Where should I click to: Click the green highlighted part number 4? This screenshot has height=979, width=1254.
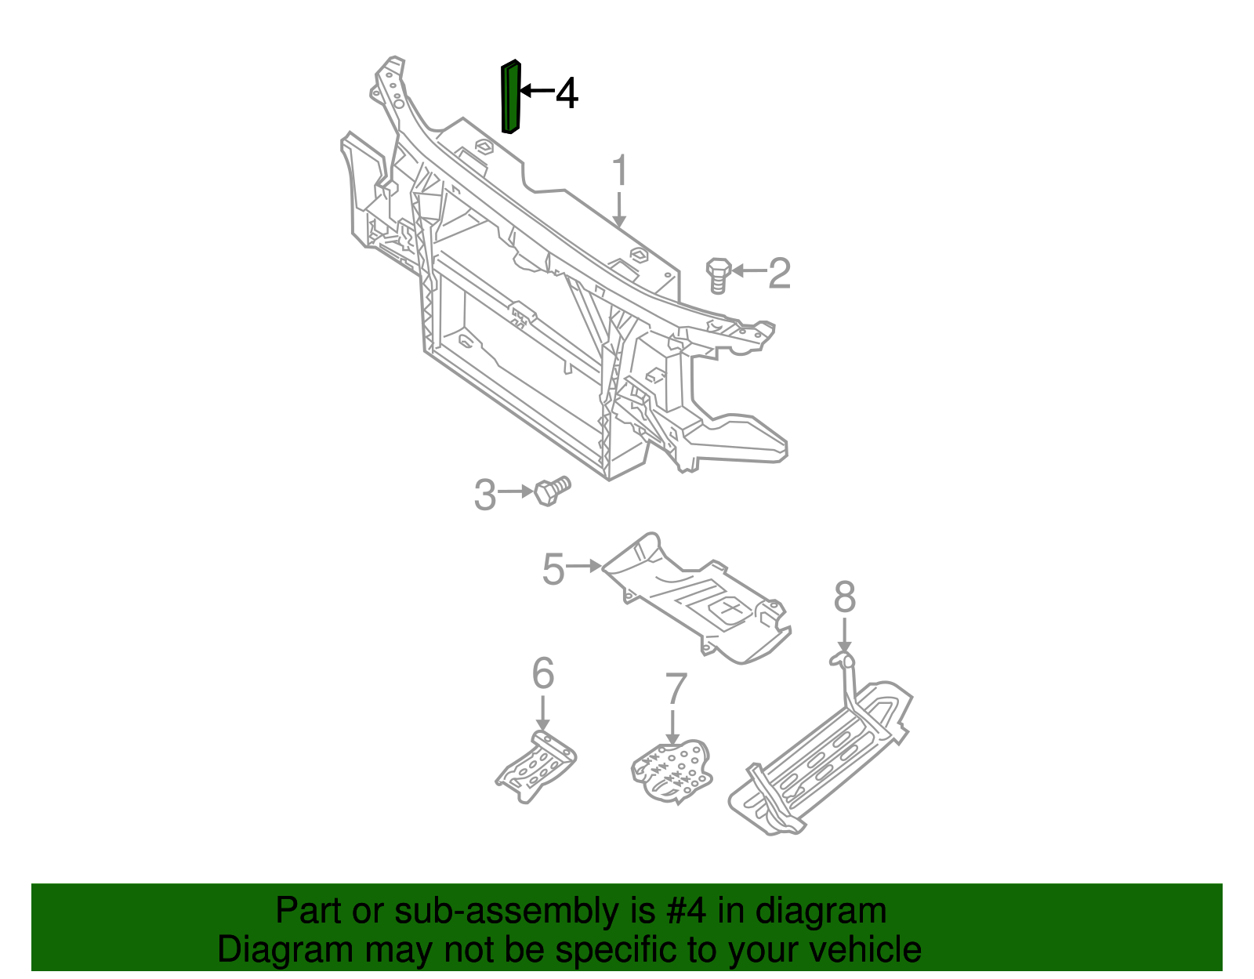[x=510, y=97]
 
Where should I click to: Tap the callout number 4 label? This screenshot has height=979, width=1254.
[x=567, y=93]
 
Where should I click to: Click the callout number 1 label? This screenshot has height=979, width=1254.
[x=619, y=171]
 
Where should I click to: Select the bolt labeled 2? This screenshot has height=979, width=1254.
[x=718, y=274]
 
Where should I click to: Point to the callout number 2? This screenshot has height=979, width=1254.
[x=779, y=273]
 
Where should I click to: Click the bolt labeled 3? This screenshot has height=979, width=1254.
[x=552, y=491]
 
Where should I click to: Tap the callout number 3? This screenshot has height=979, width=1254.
[x=485, y=495]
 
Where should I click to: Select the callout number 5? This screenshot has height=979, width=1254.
[x=553, y=568]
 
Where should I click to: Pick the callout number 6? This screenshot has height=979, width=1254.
[x=542, y=673]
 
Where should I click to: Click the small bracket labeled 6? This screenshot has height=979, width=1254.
[x=537, y=767]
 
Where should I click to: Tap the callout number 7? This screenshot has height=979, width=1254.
[x=675, y=689]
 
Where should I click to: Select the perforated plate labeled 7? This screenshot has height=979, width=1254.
[x=673, y=772]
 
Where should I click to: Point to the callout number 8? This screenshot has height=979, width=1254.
[x=844, y=597]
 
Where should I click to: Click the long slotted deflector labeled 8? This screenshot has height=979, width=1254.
[x=823, y=760]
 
